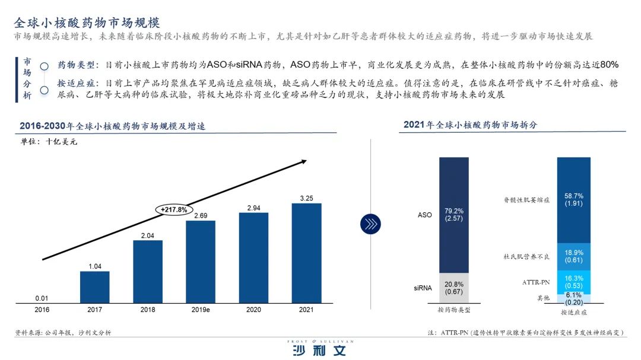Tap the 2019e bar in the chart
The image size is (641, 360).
201,261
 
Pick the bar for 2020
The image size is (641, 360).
253,257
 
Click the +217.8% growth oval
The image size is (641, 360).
174,209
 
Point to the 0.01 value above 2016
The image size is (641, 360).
42,297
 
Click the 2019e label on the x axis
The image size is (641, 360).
201,309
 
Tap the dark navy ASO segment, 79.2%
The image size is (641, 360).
453,215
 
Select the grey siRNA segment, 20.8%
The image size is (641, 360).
453,288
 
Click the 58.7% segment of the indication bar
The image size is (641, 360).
573,200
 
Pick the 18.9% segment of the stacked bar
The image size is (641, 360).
573,256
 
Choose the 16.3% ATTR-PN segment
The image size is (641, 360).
573,282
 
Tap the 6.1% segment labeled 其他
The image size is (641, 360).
573,298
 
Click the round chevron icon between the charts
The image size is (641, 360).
370,224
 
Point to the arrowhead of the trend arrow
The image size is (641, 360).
303,161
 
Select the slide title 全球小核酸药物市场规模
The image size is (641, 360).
87,23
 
